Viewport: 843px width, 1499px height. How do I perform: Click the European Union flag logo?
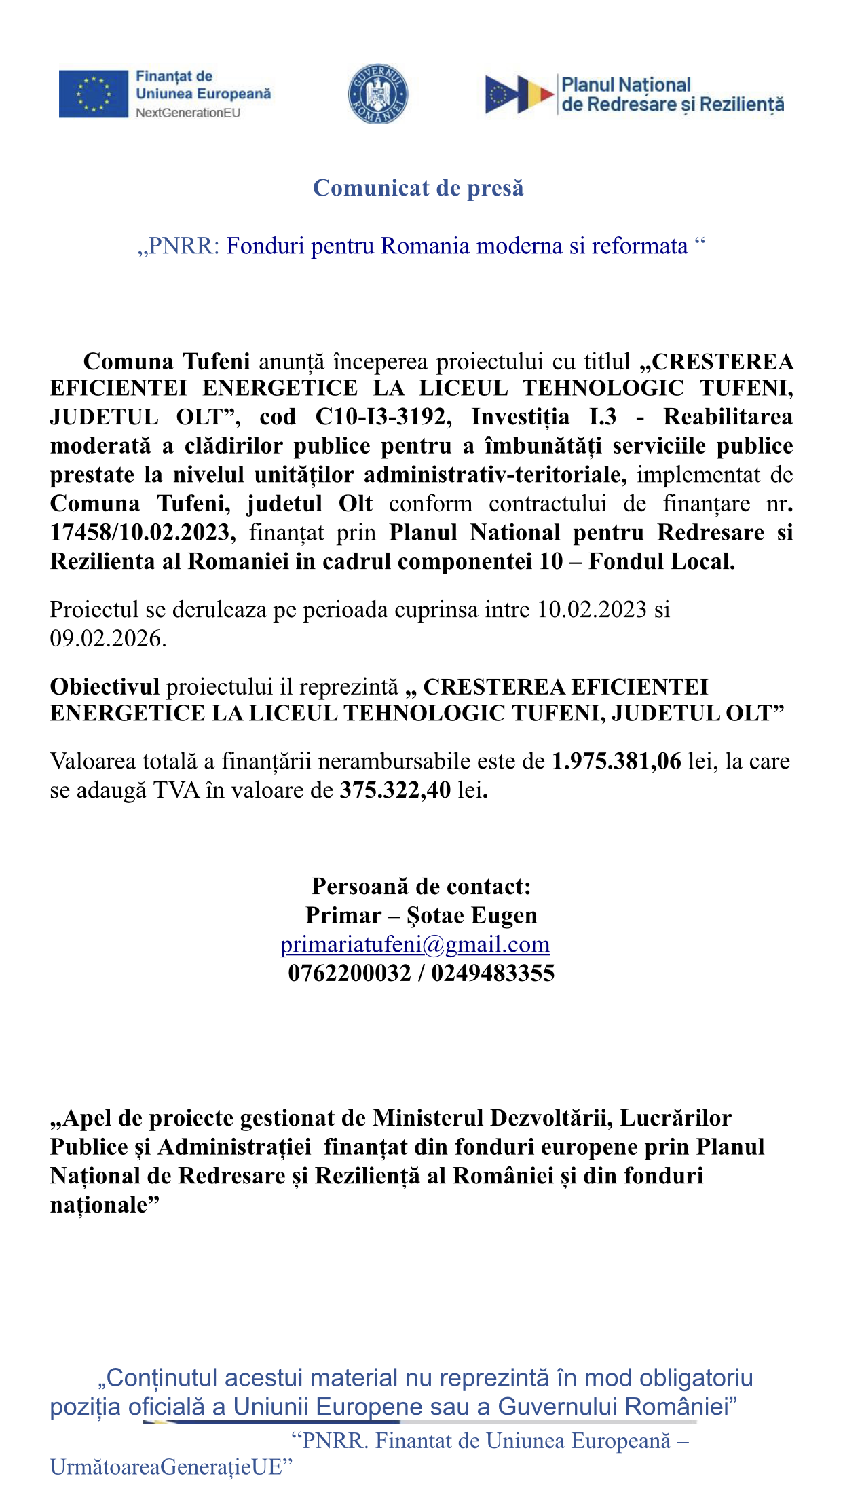pyautogui.click(x=93, y=94)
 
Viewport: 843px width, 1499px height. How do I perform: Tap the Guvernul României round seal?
pyautogui.click(x=378, y=94)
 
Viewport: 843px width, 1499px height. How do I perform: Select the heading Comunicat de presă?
pyautogui.click(x=418, y=188)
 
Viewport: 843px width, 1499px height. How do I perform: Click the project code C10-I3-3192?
pyautogui.click(x=383, y=417)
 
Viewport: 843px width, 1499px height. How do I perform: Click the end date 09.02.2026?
pyautogui.click(x=107, y=639)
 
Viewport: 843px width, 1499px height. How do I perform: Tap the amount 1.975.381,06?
pyautogui.click(x=616, y=762)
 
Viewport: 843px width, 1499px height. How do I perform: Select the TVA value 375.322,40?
pyautogui.click(x=395, y=790)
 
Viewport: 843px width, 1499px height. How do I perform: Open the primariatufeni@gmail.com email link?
pyautogui.click(x=415, y=944)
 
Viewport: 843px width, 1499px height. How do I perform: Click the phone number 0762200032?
pyautogui.click(x=350, y=974)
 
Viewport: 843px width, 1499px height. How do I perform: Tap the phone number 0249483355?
pyautogui.click(x=493, y=974)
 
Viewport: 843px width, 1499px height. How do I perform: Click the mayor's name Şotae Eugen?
pyautogui.click(x=472, y=916)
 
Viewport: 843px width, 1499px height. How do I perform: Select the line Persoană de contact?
pyautogui.click(x=421, y=887)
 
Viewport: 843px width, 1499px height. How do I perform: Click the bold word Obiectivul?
pyautogui.click(x=105, y=687)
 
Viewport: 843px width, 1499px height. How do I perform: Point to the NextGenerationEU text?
pyautogui.click(x=188, y=113)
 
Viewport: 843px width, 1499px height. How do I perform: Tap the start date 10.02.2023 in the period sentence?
pyautogui.click(x=592, y=610)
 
